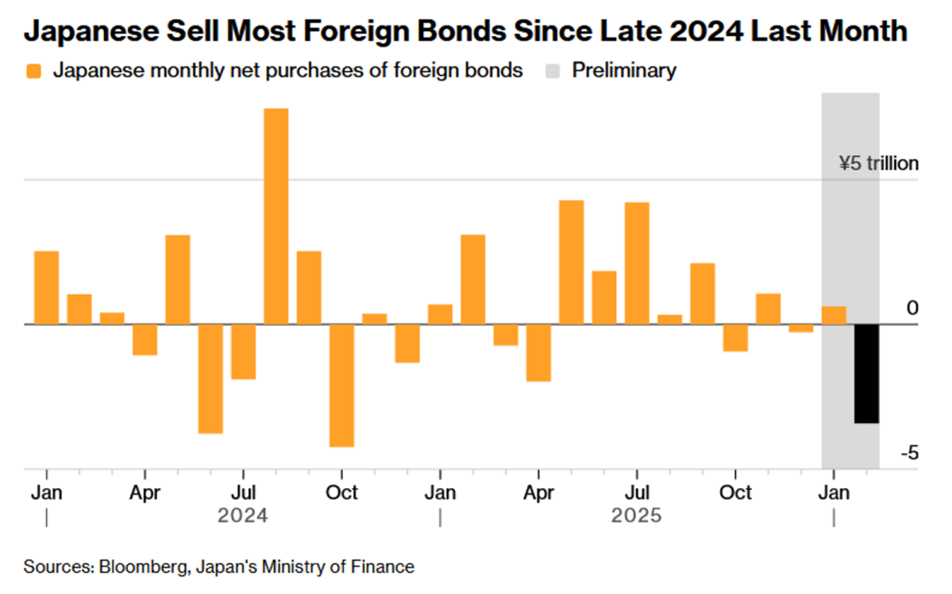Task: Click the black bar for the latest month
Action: click(866, 374)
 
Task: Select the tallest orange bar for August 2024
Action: click(276, 216)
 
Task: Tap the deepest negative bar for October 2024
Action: click(342, 385)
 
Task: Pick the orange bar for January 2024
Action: click(47, 287)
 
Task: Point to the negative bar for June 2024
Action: click(211, 379)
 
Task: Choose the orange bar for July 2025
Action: click(637, 263)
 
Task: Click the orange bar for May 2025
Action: click(571, 262)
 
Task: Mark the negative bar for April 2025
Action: click(539, 353)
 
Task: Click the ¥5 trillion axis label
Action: click(878, 163)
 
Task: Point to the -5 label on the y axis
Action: click(910, 452)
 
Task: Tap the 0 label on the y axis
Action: click(912, 308)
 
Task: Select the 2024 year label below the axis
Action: click(242, 516)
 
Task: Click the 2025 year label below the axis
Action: click(636, 516)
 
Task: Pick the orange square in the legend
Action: click(33, 71)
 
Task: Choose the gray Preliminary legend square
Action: click(552, 71)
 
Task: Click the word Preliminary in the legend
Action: click(624, 71)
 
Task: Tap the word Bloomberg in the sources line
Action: click(137, 567)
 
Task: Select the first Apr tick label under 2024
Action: click(145, 492)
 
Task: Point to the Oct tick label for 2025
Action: click(735, 492)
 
